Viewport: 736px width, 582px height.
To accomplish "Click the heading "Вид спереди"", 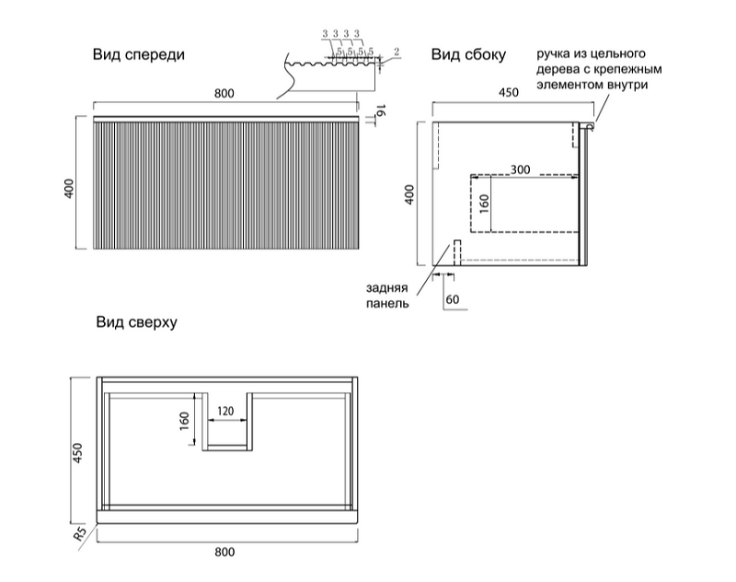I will tap(138, 55).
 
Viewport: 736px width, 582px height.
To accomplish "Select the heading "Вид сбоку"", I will tap(469, 55).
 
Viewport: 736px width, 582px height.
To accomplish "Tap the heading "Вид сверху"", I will tap(135, 323).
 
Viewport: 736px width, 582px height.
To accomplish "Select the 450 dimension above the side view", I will tap(508, 93).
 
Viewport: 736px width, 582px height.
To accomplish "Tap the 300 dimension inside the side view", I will tap(521, 169).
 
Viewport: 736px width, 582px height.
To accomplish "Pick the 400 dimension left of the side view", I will tap(410, 194).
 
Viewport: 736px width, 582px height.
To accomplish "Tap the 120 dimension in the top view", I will tap(225, 411).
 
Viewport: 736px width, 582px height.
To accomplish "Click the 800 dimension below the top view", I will tap(225, 552).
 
